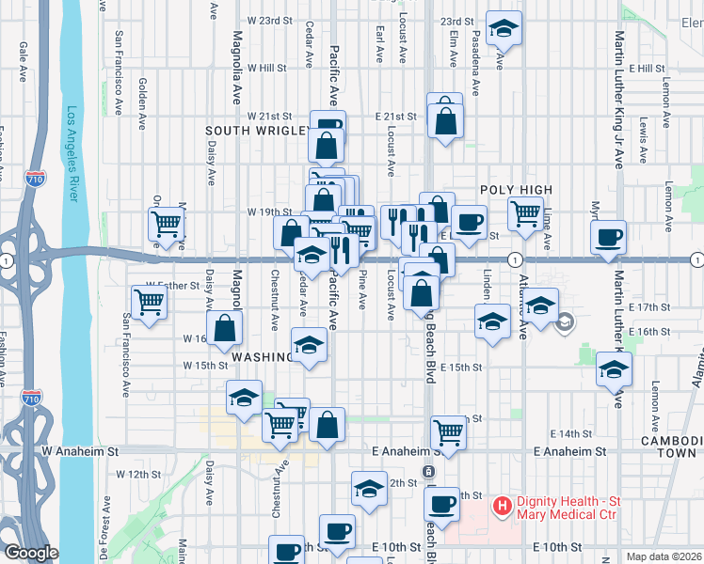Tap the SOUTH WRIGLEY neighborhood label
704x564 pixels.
tap(258, 131)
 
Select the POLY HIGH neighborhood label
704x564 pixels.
tap(516, 190)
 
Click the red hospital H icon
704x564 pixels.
tap(503, 508)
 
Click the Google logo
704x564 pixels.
tap(31, 553)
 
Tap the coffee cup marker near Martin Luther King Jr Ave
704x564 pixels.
tap(609, 236)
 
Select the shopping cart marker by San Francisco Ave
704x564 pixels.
tap(148, 303)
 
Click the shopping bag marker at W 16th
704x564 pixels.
tap(225, 328)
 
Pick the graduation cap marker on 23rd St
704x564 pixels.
tap(504, 28)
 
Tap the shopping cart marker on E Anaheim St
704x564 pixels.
tap(449, 432)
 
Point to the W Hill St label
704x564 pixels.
tap(266, 68)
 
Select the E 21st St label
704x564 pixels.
tap(394, 117)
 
